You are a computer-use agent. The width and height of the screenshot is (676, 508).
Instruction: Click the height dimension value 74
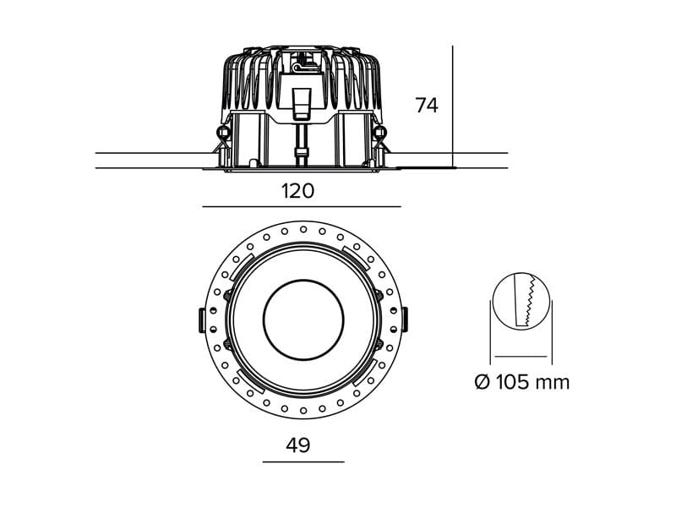click(x=427, y=106)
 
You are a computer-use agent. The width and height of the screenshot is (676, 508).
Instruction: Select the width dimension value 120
click(x=298, y=191)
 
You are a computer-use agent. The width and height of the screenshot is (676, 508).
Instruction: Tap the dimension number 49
click(x=298, y=445)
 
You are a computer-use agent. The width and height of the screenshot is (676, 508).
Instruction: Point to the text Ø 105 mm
click(x=522, y=382)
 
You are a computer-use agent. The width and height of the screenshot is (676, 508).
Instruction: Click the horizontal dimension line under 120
click(x=302, y=207)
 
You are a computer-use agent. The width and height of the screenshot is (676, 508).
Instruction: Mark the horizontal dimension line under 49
click(x=303, y=462)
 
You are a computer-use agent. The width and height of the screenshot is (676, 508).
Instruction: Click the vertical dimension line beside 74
click(x=453, y=107)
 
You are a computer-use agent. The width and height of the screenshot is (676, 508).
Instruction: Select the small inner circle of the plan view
click(x=303, y=320)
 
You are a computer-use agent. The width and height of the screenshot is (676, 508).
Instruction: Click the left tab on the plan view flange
click(x=201, y=320)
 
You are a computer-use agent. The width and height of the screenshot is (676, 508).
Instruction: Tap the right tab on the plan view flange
click(x=405, y=320)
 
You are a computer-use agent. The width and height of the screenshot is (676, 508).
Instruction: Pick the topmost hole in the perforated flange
click(x=303, y=229)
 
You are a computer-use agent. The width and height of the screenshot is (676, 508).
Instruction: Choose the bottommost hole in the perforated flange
click(x=303, y=410)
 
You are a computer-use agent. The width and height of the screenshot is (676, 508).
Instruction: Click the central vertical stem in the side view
click(x=302, y=145)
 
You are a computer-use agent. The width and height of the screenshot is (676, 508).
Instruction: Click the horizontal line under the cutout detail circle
click(x=521, y=357)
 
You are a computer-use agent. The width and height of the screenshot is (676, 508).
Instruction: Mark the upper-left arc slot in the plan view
click(x=240, y=266)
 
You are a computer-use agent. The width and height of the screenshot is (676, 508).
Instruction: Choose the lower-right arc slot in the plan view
click(x=366, y=373)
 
